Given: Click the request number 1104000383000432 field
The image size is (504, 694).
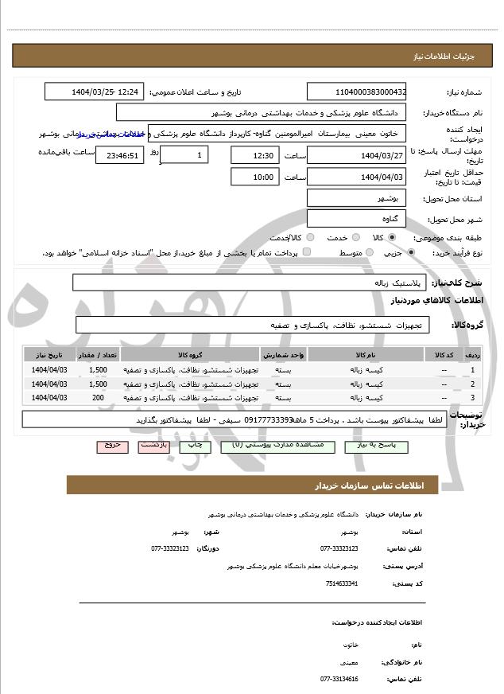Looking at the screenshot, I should click(357, 92).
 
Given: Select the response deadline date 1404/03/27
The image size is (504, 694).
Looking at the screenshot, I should click(357, 154).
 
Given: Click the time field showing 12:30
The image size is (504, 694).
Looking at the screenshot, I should click(254, 154).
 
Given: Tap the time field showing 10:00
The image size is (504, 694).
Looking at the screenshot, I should click(254, 177).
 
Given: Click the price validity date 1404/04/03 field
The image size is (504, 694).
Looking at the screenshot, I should click(357, 177).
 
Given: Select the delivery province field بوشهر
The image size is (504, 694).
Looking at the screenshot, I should click(357, 198).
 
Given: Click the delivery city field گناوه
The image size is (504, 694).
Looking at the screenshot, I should click(357, 218).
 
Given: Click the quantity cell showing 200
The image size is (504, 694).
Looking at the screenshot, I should click(98, 396).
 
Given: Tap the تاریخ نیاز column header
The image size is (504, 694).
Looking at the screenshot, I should click(49, 354).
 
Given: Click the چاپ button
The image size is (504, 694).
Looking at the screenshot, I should click(194, 446).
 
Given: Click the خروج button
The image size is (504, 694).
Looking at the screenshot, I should click(111, 446).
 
